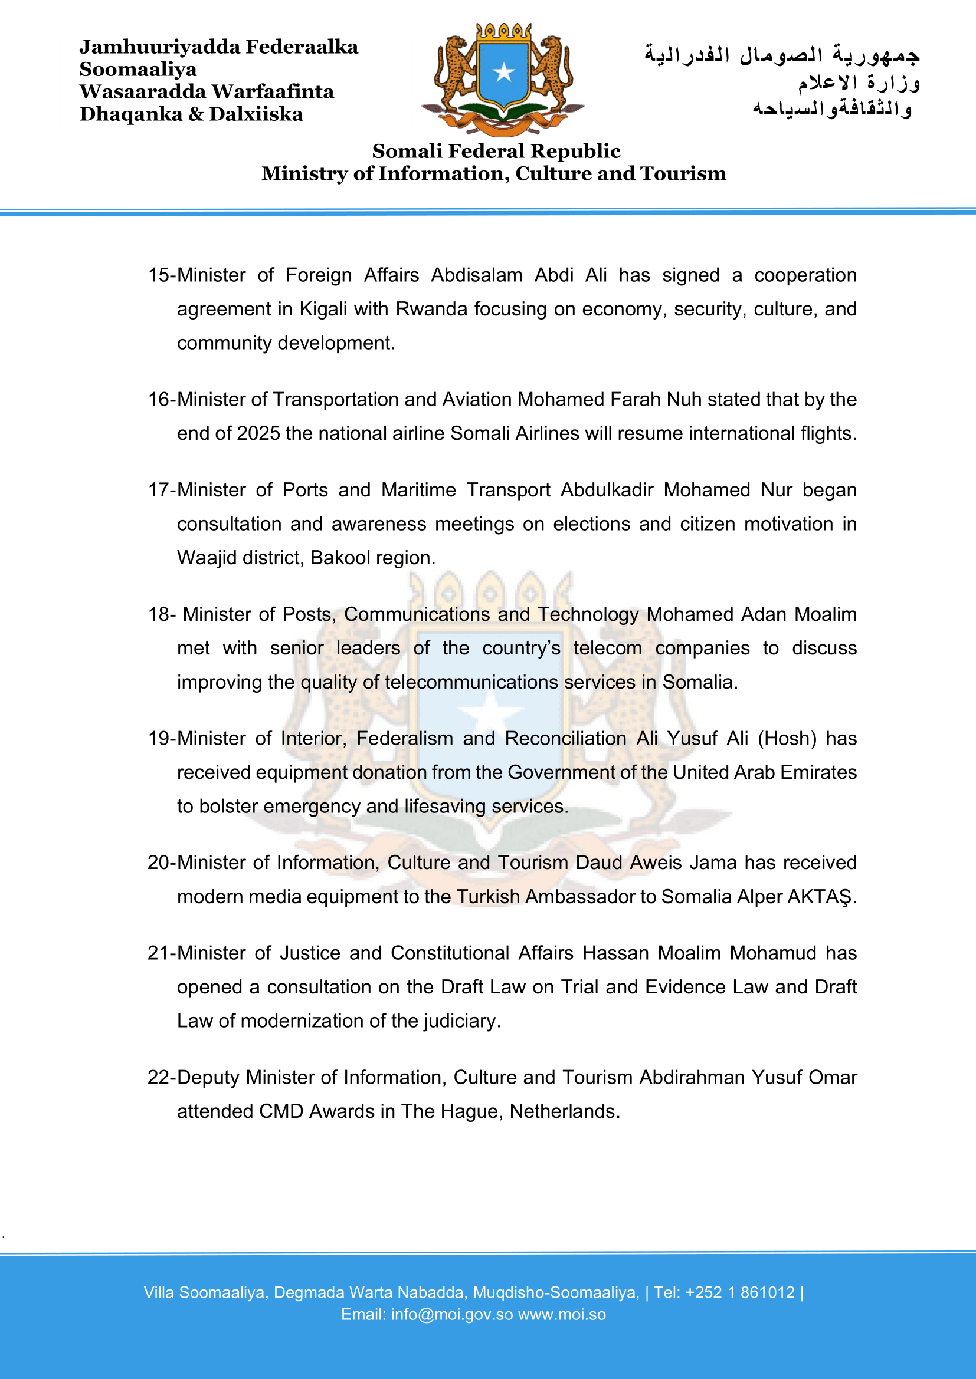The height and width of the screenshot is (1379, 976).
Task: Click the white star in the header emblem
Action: click(503, 73)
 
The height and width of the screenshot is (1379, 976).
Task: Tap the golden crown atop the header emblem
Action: click(503, 31)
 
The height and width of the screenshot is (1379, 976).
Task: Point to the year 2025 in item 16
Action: click(258, 434)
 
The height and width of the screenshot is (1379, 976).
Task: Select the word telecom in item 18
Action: click(607, 649)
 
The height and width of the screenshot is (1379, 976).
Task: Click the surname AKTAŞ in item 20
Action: click(820, 897)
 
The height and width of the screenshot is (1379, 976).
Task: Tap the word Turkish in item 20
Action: click(488, 897)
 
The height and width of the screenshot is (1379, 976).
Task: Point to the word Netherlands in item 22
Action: click(564, 1112)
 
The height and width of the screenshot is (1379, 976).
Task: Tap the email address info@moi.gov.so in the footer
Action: click(452, 1315)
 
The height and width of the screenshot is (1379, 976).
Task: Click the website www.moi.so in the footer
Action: click(562, 1315)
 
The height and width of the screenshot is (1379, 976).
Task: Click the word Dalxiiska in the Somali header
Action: click(256, 114)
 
